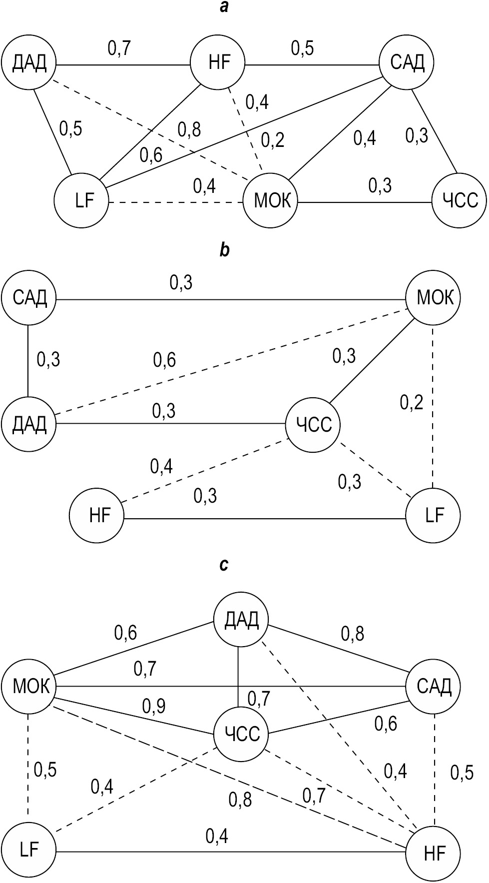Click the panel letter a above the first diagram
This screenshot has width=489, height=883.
coord(225,7)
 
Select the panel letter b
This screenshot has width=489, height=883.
coord(225,249)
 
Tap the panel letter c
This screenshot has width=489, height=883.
coord(224,565)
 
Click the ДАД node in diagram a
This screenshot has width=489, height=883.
coord(29,63)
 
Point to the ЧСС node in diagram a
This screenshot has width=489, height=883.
coord(459,201)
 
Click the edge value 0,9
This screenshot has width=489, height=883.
coord(154,706)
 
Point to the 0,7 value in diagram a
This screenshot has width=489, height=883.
coord(119,48)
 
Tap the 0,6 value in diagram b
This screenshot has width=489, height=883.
coord(164,359)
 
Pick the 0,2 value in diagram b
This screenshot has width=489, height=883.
coord(412,401)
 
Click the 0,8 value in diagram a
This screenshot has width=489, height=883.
coord(189,129)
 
